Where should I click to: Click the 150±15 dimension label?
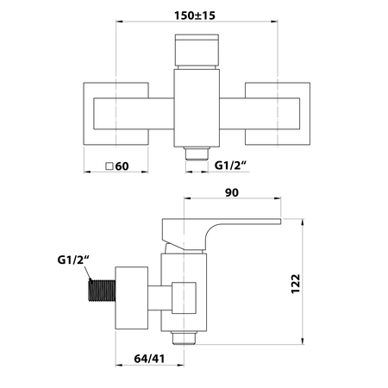coord(195,16)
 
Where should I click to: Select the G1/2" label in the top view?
coord(231,166)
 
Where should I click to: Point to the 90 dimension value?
coord(232,192)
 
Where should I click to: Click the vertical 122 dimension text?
coord(296,284)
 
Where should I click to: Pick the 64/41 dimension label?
coord(149,359)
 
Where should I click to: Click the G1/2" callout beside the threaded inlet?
coord(73,260)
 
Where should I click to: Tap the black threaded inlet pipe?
coord(102,291)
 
